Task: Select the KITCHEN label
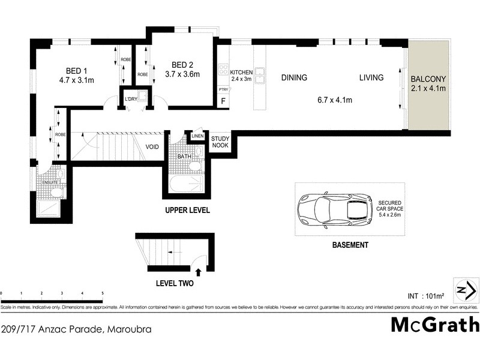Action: coord(241,73)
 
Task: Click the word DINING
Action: coord(293,77)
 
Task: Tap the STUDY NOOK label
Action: coord(220,142)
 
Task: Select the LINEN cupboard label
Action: coord(197,136)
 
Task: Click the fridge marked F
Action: coord(224,101)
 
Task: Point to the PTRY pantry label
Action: coord(222,89)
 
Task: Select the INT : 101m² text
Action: coord(426,295)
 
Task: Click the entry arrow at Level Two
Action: coord(199,272)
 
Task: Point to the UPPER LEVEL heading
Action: coord(187,211)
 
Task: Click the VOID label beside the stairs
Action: coord(152,146)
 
